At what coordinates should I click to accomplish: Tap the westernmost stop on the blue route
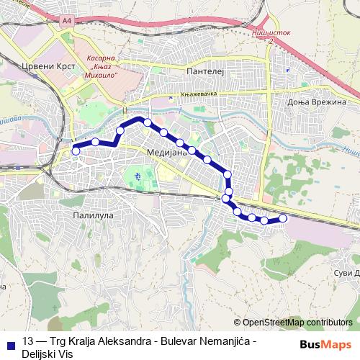point(75,150)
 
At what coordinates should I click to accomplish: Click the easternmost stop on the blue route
point(282,218)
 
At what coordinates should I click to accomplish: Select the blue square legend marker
point(10,342)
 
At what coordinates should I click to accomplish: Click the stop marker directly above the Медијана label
point(176,140)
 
